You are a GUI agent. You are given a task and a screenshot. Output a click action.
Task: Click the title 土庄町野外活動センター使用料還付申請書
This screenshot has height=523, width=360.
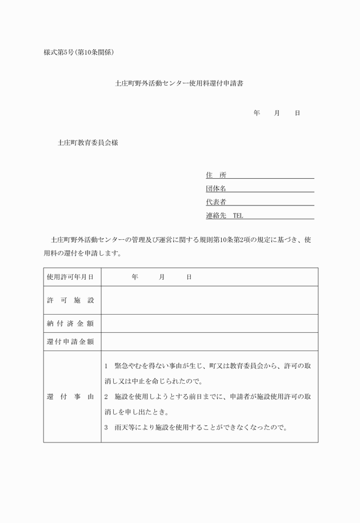tap(179, 83)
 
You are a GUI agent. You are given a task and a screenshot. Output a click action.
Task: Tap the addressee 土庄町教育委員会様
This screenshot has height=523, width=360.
tap(88, 144)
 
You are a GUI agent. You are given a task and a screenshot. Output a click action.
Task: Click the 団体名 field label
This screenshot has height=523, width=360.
tap(216, 188)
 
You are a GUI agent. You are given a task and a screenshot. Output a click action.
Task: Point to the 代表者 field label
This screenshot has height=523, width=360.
tap(216, 202)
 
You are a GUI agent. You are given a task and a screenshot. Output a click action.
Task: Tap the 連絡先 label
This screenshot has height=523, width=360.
tap(216, 216)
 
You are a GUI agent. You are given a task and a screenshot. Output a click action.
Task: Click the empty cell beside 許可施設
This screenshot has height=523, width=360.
tap(209, 300)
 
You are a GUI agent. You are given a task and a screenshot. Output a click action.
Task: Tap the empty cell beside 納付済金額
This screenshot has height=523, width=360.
tap(209, 324)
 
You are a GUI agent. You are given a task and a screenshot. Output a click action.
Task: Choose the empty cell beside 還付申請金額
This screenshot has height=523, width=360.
tap(209, 342)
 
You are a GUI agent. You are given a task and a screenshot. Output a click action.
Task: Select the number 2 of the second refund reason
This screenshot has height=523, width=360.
tap(107, 396)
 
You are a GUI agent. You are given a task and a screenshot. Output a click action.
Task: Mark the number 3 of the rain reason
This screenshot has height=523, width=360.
tap(107, 427)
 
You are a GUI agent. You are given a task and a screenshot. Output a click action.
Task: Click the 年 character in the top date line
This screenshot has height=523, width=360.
tap(257, 114)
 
